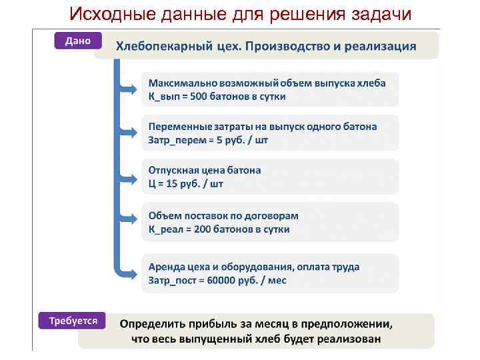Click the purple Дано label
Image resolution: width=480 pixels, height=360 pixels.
pos(77,41)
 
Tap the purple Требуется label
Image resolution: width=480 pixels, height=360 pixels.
pos(73,321)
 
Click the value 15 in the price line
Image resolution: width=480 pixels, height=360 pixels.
pos(167,184)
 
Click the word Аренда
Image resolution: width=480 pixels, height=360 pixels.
pos(167,267)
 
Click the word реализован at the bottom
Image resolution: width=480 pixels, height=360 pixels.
pos(348,339)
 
